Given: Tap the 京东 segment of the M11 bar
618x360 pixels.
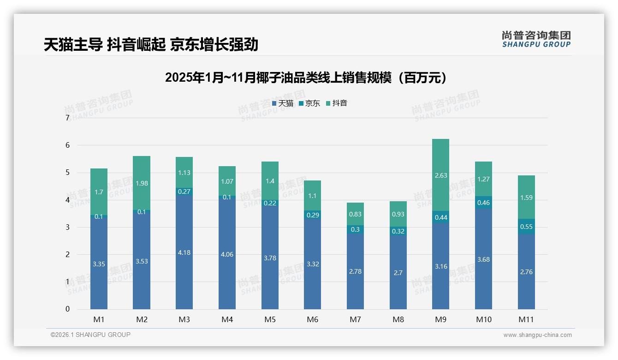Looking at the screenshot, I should point(526,227).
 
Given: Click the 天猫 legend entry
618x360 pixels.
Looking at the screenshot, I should point(283,103).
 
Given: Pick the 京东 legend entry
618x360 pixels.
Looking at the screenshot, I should point(309,103).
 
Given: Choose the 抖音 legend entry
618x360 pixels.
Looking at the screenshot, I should point(337,103).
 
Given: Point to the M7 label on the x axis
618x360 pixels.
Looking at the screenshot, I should point(355,319).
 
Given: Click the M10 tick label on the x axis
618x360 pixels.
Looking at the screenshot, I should point(483,319).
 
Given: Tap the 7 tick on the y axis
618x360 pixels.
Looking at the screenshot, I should point(67,118).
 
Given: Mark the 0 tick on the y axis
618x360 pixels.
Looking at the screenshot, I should point(67,309).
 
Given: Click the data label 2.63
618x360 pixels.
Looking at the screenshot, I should point(440,175).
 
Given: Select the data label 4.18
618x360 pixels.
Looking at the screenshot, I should point(184,252).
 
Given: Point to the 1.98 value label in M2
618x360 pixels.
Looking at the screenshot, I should point(141,183).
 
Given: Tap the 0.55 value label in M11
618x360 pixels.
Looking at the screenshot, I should point(526,227).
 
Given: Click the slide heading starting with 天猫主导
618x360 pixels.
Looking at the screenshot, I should point(151,44).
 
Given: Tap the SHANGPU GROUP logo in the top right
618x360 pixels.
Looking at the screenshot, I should point(536,39).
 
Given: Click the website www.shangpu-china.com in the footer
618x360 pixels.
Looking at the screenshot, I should point(537,335).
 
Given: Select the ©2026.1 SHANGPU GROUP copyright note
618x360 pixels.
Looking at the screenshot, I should point(90,335).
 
